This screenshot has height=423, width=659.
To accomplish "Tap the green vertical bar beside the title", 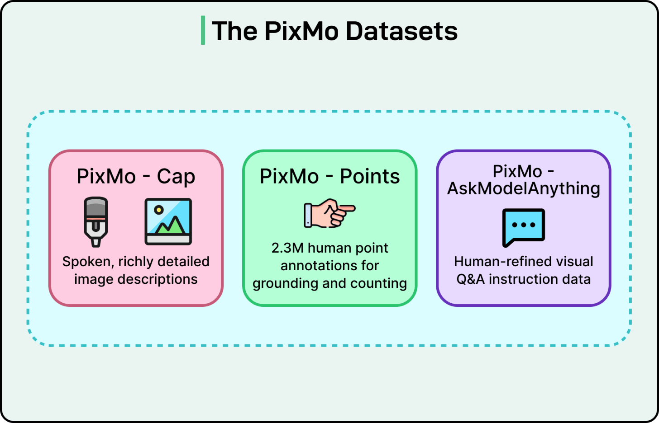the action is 203,30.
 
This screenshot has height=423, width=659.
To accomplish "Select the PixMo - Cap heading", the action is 136,176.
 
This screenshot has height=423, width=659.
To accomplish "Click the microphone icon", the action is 96,221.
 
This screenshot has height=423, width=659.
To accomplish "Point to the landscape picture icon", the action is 168,221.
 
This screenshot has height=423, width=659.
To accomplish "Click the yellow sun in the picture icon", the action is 158,210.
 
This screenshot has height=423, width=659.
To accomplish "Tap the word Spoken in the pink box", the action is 86,262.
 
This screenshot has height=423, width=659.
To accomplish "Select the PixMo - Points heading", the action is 329,176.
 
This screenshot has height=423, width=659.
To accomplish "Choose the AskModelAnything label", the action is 524,188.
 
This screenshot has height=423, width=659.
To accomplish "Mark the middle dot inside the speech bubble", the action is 524,225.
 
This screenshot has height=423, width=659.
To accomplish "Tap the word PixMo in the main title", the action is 301,31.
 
